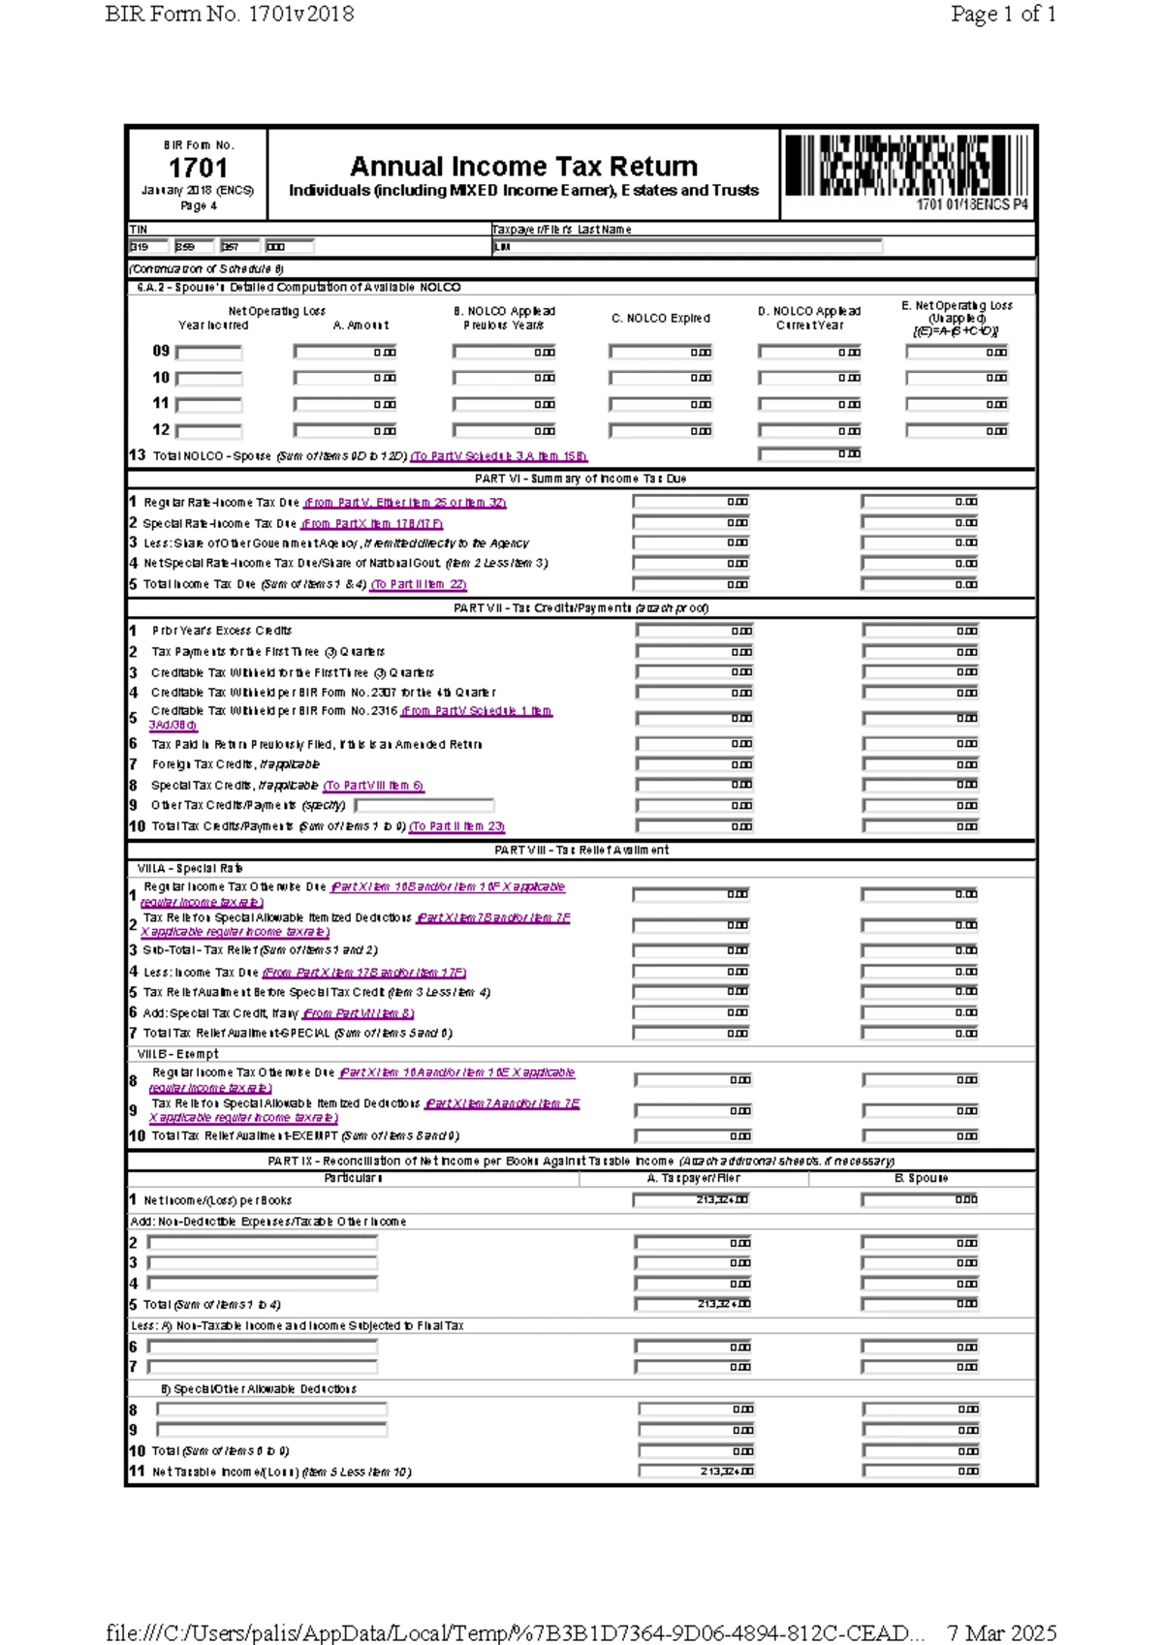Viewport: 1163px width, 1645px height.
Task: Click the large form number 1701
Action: click(198, 168)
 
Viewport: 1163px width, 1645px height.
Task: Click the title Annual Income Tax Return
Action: click(523, 166)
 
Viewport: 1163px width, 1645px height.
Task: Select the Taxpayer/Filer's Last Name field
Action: click(687, 247)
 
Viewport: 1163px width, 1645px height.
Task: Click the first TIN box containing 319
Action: click(148, 247)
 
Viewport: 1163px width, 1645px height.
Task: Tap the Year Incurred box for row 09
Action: click(208, 353)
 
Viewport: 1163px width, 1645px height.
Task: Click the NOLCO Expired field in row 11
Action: click(661, 404)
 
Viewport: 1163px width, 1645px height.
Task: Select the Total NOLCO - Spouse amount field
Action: click(809, 453)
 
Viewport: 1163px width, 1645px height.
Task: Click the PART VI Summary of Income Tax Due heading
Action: click(581, 479)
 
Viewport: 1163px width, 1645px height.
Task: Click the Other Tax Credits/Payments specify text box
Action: click(424, 805)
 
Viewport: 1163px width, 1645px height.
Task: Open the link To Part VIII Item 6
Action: click(373, 786)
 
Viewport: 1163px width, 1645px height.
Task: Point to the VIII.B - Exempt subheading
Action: click(177, 1054)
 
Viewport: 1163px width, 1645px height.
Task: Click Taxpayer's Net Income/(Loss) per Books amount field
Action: click(691, 1199)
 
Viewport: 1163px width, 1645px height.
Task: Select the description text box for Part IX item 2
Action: click(262, 1242)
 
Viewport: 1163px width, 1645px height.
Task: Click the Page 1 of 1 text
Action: click(1003, 14)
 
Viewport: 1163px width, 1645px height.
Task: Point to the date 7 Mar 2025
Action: click(1001, 1632)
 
